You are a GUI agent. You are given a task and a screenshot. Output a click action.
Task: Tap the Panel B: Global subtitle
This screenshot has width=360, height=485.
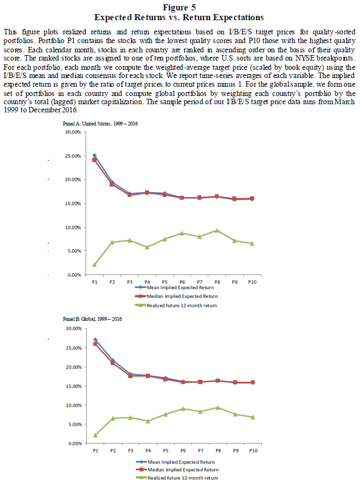click(x=94, y=318)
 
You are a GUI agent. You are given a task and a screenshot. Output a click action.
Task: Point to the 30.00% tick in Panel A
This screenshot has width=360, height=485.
click(x=73, y=132)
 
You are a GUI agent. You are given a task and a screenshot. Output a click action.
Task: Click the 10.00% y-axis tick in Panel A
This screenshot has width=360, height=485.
click(x=73, y=227)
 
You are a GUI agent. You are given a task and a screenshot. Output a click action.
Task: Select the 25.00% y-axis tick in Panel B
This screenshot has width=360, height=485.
click(x=73, y=348)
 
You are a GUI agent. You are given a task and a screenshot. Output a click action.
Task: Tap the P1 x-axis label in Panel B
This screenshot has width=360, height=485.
click(x=95, y=451)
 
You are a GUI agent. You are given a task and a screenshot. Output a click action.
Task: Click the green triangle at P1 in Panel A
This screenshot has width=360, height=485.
click(x=95, y=265)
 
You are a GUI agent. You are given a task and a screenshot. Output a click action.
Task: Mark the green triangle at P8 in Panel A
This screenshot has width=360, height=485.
click(x=217, y=230)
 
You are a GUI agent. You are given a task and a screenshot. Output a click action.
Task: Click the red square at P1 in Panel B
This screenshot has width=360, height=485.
click(x=95, y=344)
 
